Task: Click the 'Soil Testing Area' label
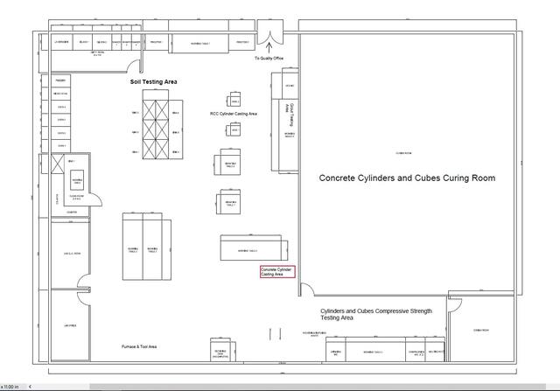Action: tap(153, 81)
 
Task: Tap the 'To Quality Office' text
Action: tap(269, 58)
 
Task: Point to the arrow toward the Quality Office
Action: tap(269, 49)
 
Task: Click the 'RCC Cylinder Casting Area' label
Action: tap(233, 113)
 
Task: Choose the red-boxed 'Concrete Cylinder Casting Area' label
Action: tap(278, 272)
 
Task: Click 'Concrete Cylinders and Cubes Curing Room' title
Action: tap(407, 178)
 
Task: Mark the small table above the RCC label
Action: tap(234, 98)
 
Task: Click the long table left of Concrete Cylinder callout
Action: tap(251, 247)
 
